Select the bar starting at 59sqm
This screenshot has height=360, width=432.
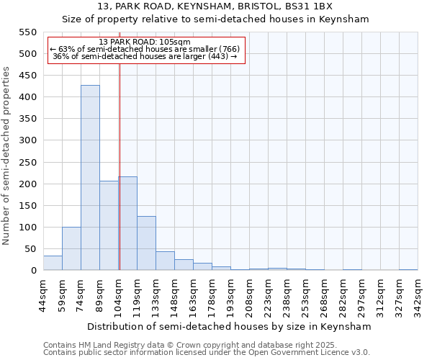(x=71, y=248)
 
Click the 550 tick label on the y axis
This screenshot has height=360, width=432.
(x=27, y=32)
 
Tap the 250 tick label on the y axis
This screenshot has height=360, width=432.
(x=27, y=163)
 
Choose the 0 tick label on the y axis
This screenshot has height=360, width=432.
(x=32, y=271)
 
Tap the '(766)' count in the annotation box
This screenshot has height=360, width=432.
(x=225, y=49)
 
